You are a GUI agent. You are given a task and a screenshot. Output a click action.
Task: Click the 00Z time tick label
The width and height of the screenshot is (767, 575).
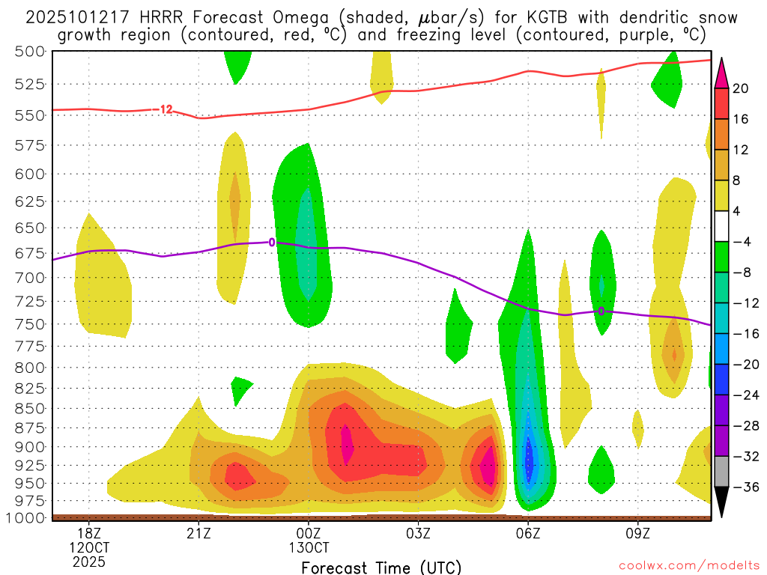pyautogui.click(x=309, y=533)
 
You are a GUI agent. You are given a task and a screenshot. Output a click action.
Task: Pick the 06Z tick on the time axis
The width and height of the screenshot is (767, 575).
pyautogui.click(x=528, y=533)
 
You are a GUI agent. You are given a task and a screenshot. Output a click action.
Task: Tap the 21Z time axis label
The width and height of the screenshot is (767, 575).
pyautogui.click(x=198, y=533)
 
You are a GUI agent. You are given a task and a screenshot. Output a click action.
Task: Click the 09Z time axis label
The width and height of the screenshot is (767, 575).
pyautogui.click(x=637, y=533)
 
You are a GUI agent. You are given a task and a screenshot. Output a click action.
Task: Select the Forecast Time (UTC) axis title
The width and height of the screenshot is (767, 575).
pyautogui.click(x=381, y=567)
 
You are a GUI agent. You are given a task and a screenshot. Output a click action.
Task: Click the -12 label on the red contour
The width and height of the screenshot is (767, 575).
pyautogui.click(x=165, y=110)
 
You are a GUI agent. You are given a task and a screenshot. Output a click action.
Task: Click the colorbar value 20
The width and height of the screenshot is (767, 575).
pyautogui.click(x=741, y=88)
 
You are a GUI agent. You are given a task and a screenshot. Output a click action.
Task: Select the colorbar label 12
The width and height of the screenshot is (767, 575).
pyautogui.click(x=741, y=150)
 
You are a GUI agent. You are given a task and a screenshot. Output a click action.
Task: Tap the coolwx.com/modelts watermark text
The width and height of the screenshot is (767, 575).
pyautogui.click(x=671, y=567)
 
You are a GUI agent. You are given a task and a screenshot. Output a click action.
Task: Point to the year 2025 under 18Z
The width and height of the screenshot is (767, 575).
pyautogui.click(x=89, y=561)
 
